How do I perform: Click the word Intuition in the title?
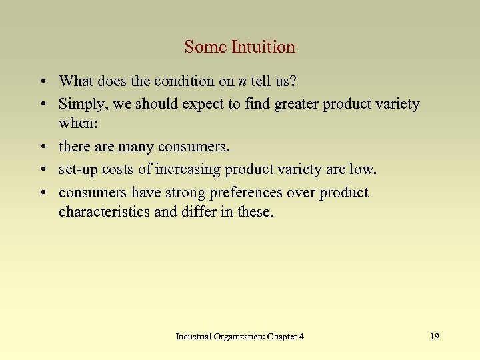point(263,47)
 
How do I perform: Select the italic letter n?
point(241,82)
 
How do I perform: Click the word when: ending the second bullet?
point(77,124)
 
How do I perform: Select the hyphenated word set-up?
point(79,169)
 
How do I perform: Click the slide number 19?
point(435,337)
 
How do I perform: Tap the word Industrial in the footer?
point(193,337)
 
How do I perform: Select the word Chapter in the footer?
point(282,337)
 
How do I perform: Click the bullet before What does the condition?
point(43,82)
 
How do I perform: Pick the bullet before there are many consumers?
point(43,147)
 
